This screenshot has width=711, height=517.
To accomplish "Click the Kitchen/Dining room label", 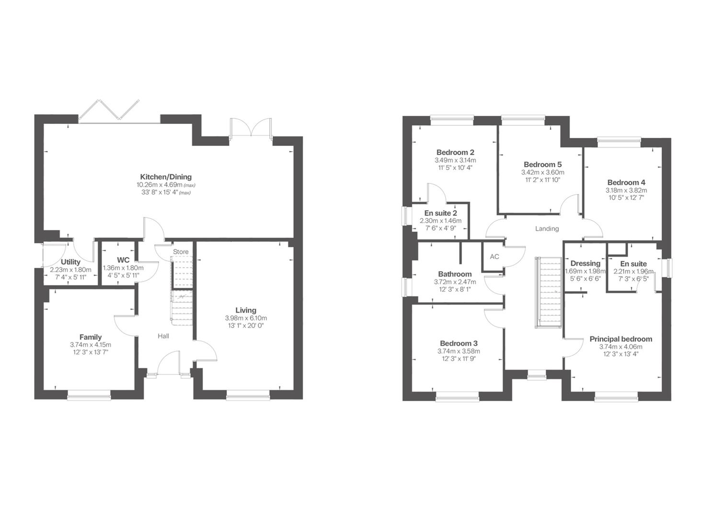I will [166, 177].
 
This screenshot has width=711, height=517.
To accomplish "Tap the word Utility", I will [70, 262].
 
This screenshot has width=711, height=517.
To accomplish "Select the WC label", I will [123, 260].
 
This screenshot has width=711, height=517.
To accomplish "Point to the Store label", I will [181, 252].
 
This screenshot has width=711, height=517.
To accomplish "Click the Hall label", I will [163, 336].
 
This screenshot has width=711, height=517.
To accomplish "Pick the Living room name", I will [246, 310].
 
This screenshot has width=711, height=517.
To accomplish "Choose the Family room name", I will [91, 337].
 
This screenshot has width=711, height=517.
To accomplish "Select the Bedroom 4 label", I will [626, 182].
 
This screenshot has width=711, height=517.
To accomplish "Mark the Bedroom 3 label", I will [459, 343].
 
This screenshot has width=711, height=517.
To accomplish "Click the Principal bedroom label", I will [620, 339].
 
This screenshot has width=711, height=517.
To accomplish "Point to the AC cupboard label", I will [494, 257].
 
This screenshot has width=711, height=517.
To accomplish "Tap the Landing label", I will [547, 229].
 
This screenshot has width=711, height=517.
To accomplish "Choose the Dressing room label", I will [585, 263].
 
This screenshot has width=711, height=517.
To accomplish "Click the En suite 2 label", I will [440, 213].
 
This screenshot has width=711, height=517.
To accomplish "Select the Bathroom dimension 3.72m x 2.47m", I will [455, 282].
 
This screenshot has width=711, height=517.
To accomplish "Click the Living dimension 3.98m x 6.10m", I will [246, 318].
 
